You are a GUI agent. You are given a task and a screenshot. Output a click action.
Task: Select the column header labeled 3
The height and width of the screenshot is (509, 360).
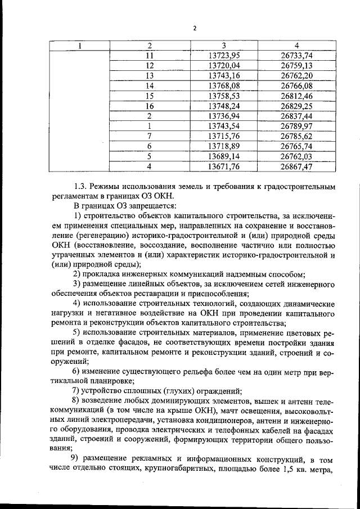click(224, 45)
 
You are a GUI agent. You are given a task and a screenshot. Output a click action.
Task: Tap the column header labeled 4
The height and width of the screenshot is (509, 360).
click(296, 45)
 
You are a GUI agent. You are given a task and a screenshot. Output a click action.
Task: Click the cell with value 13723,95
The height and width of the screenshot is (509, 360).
click(224, 55)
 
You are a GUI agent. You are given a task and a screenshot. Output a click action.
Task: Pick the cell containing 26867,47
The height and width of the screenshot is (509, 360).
click(296, 166)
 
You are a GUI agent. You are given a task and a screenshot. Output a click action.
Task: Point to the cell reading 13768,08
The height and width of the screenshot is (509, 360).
click(224, 85)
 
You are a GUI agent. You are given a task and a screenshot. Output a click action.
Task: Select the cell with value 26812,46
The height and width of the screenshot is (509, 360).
click(296, 96)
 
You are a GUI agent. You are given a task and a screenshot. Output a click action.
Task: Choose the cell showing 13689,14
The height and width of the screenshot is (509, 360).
click(224, 156)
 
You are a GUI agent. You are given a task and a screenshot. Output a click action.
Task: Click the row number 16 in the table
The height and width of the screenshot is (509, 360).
click(149, 106)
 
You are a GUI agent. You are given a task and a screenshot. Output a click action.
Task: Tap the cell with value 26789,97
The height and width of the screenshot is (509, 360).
click(296, 126)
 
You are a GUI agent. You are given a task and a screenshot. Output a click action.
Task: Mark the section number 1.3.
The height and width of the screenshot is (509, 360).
click(82, 186)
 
